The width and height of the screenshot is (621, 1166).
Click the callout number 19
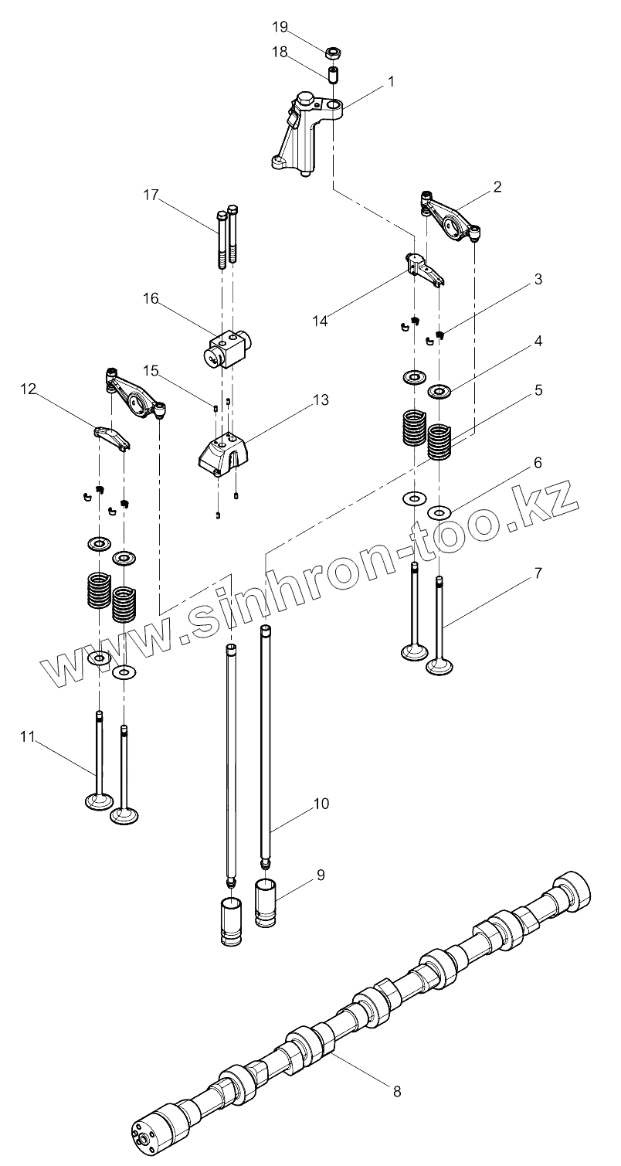click(x=279, y=27)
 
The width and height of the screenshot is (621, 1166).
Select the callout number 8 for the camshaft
click(x=397, y=1092)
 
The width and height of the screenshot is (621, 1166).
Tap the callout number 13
click(x=320, y=400)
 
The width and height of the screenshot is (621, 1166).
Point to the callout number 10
click(x=321, y=804)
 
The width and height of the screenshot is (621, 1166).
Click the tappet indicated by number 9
click(x=266, y=901)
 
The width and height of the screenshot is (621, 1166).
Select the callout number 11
click(x=28, y=737)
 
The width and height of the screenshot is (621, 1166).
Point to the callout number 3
click(x=538, y=279)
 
